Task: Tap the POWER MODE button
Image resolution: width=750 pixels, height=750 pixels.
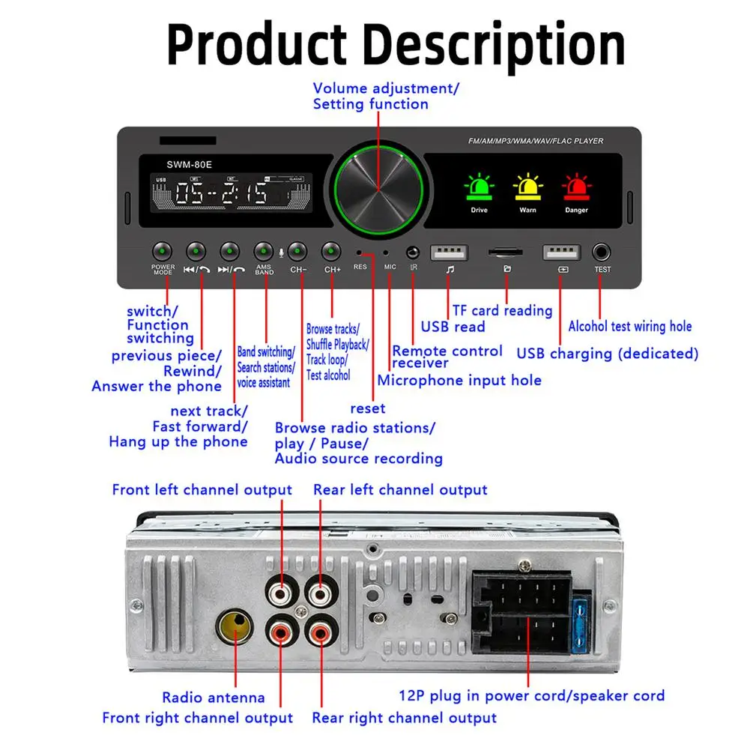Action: pyautogui.click(x=163, y=251)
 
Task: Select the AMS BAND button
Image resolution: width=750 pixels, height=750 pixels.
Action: pyautogui.click(x=264, y=251)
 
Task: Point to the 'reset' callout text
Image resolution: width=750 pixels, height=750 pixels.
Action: pyautogui.click(x=368, y=408)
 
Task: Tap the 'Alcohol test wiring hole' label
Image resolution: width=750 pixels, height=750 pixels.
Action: pyautogui.click(x=629, y=326)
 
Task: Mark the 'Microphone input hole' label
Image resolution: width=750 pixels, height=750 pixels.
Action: pyautogui.click(x=459, y=380)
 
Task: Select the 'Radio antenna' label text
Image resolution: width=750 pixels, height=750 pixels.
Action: pyautogui.click(x=214, y=698)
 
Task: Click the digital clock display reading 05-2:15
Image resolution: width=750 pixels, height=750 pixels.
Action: pyautogui.click(x=223, y=194)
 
